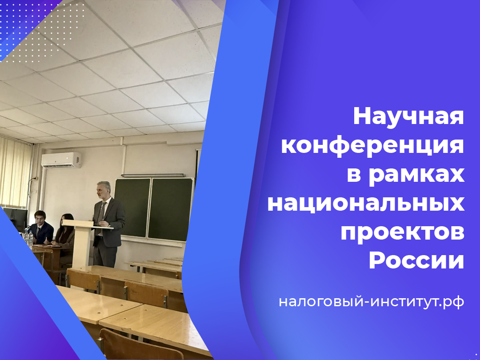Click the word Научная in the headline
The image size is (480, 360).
408,117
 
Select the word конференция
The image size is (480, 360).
372,146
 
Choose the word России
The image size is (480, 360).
416,261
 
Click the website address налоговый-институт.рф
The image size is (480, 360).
372,302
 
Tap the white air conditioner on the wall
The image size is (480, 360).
61,160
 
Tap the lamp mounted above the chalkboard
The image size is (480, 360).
153,175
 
